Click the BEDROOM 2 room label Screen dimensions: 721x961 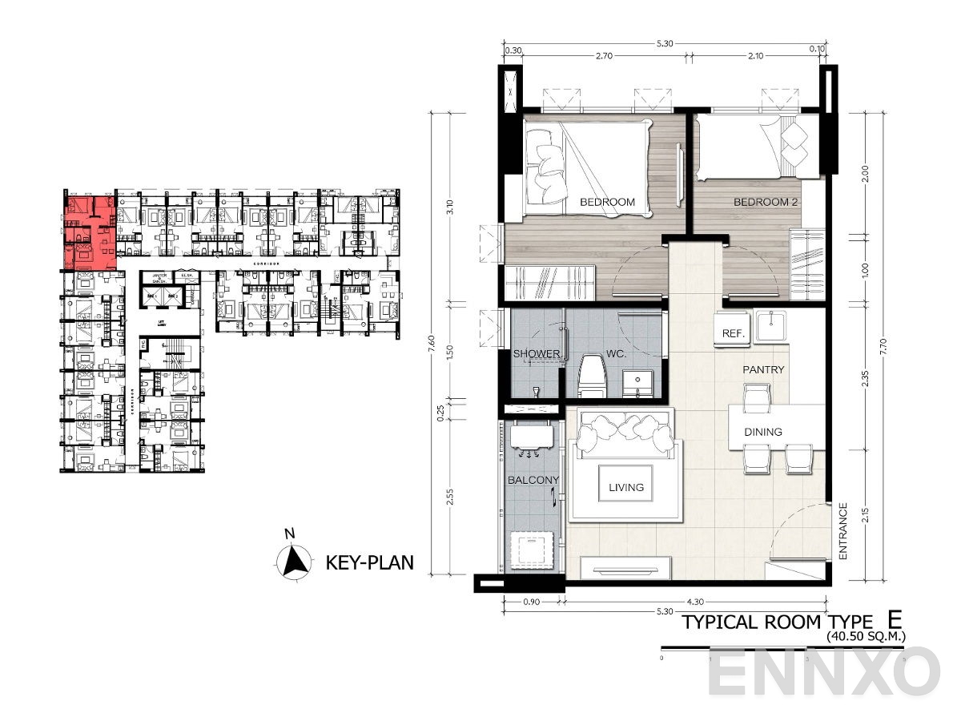[x=766, y=202]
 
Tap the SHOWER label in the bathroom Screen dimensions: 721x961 [x=537, y=353]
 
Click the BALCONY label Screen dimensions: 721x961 [x=533, y=481]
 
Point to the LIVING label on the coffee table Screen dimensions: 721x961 [x=625, y=486]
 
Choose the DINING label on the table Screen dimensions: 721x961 [x=763, y=432]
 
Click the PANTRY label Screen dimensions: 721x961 [x=762, y=370]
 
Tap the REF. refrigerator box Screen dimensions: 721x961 [x=731, y=332]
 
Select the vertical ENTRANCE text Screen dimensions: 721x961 [x=843, y=531]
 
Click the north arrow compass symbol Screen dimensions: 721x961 [x=294, y=560]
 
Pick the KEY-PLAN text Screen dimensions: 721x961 [x=369, y=562]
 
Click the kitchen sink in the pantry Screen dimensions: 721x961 [x=774, y=324]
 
